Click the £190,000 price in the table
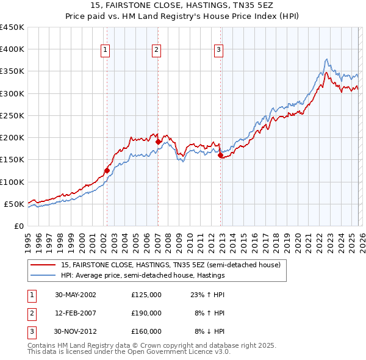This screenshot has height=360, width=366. tap(146, 313)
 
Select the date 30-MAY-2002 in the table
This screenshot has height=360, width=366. tap(76, 295)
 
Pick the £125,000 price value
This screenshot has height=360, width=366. tap(146, 295)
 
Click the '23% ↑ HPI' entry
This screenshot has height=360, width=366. tap(207, 295)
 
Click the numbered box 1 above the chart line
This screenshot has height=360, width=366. tap(106, 50)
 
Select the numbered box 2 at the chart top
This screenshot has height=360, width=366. tap(157, 50)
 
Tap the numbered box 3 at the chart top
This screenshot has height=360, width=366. tap(218, 50)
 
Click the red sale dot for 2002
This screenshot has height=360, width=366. tap(107, 171)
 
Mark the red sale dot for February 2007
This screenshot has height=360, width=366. tap(158, 142)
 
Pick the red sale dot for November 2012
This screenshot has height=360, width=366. tap(220, 155)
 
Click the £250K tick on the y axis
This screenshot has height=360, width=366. tap(12, 115)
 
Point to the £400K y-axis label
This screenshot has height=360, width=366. tap(12, 49)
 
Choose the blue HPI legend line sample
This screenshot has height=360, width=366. tap(44, 276)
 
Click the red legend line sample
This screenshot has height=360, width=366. tap(44, 265)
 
